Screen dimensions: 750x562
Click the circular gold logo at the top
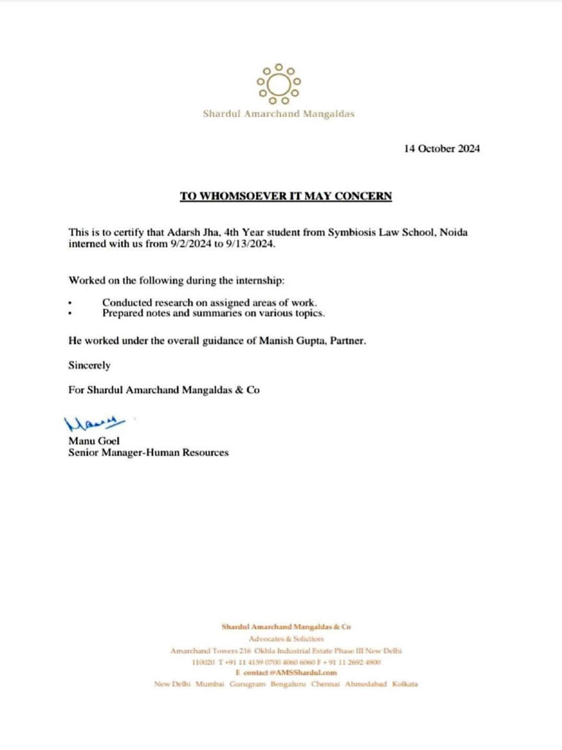[278, 83]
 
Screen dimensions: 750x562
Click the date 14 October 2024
[442, 148]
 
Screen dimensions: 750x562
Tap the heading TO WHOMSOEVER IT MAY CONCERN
[286, 196]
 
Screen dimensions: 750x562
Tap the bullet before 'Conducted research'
[70, 302]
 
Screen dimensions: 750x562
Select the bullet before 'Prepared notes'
[70, 313]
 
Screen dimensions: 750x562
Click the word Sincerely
[89, 365]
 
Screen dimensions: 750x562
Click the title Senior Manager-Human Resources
[148, 453]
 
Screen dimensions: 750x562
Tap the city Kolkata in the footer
[404, 683]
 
